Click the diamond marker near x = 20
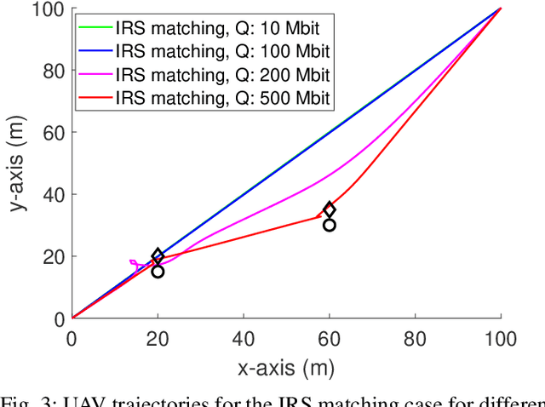pos(158,256)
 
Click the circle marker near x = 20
pos(158,272)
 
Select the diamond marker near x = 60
pos(330,209)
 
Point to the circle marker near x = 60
pos(330,225)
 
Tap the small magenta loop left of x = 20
pos(135,264)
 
